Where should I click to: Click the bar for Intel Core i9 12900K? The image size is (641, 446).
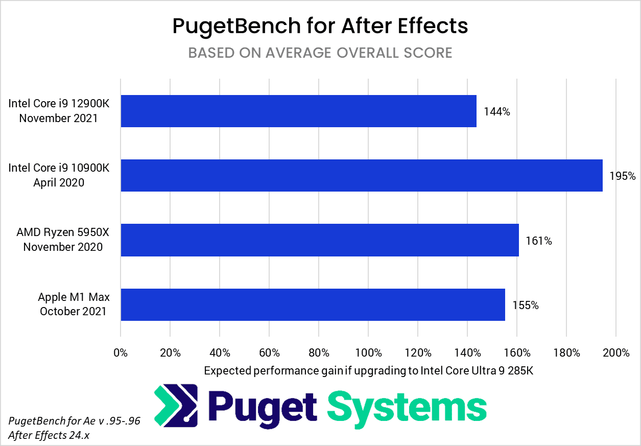tap(298, 111)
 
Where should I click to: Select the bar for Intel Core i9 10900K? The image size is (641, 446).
tap(361, 175)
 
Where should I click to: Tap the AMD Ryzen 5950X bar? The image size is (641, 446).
tap(319, 240)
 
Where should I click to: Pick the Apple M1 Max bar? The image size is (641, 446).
tap(313, 304)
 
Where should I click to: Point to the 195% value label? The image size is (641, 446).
tap(623, 176)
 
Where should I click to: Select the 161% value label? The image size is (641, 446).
tap(539, 241)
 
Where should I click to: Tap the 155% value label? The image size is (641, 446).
tap(526, 306)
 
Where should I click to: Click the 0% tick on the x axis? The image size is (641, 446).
tap(121, 353)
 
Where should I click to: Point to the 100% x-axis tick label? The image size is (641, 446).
tap(368, 353)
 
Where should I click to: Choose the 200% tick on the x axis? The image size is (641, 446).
tap(616, 353)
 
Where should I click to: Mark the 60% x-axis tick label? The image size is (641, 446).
tap(269, 353)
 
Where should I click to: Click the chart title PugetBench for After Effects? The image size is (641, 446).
tap(320, 26)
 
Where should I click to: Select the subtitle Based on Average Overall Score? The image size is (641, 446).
tap(320, 53)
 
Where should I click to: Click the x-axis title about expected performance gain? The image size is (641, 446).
tap(368, 371)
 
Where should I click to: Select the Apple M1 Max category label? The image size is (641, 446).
tap(74, 304)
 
